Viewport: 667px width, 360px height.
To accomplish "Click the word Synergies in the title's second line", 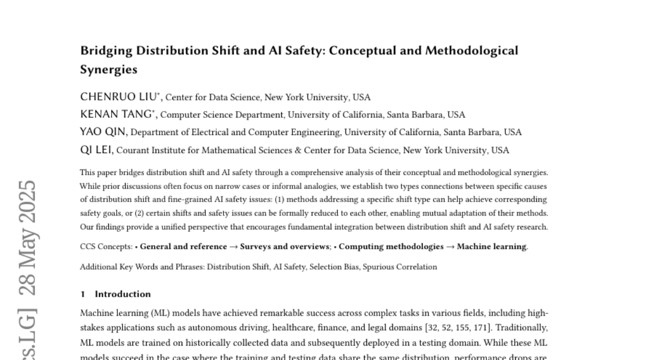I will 108,70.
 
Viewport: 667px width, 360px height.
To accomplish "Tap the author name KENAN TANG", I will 117,114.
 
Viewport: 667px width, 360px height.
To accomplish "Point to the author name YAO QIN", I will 103,132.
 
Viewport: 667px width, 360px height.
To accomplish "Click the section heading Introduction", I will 123,294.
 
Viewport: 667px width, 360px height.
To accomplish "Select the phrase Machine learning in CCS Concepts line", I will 491,247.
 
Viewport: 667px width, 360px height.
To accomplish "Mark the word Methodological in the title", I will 471,51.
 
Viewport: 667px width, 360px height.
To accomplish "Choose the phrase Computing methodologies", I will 391,247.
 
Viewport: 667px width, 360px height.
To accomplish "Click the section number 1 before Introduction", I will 82,294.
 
